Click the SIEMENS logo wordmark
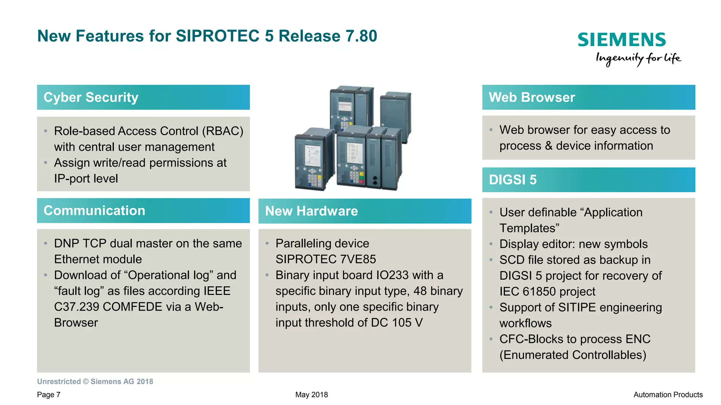[621, 40]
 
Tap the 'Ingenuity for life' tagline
[638, 58]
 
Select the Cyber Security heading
[91, 97]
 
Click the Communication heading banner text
[94, 210]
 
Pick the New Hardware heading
[311, 211]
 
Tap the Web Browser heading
[532, 97]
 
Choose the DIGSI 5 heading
[513, 180]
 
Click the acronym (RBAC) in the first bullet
[222, 131]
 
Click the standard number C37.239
[76, 307]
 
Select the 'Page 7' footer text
[49, 395]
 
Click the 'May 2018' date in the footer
[311, 395]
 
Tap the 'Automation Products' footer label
[667, 395]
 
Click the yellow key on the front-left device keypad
[319, 178]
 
